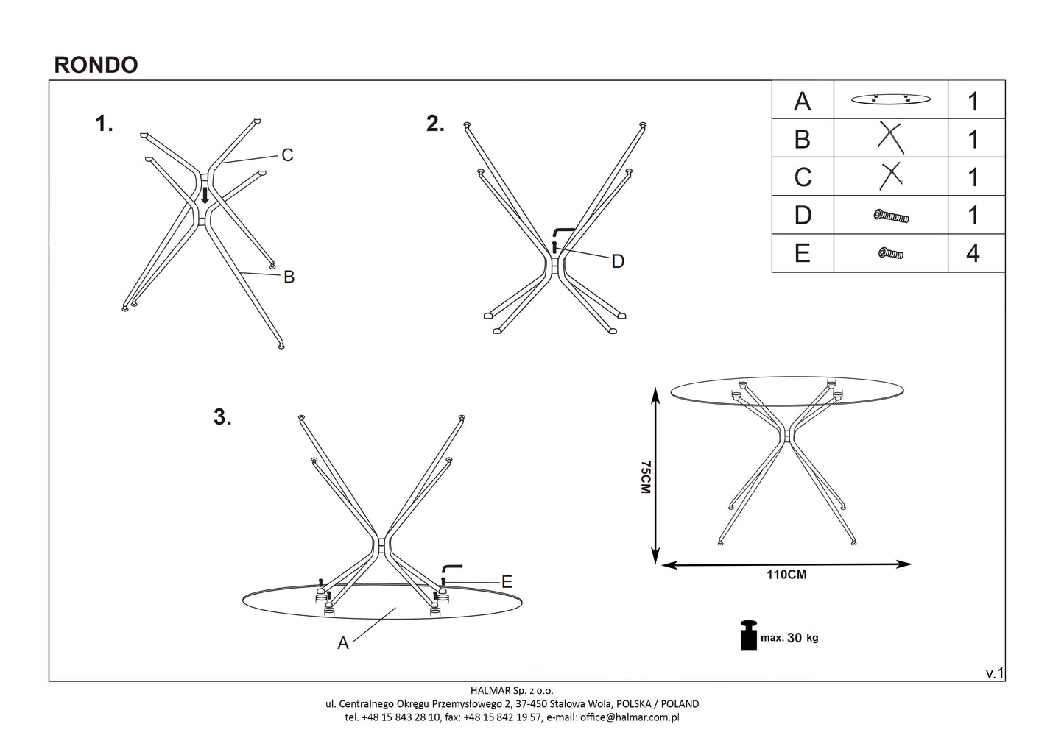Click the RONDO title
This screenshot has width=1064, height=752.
[96, 65]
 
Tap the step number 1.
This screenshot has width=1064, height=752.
[104, 124]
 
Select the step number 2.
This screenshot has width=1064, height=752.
[435, 124]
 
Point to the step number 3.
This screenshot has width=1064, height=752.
[222, 417]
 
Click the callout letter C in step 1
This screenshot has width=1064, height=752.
[287, 155]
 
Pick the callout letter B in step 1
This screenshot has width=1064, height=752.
[289, 277]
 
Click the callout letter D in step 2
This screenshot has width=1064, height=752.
[618, 261]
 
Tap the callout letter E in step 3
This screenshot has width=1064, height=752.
[506, 582]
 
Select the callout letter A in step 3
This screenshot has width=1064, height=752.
[343, 643]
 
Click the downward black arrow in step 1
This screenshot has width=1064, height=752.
[205, 195]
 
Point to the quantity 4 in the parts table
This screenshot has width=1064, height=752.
[973, 253]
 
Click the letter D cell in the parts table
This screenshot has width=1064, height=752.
[802, 215]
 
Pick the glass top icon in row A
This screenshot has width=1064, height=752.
[889, 99]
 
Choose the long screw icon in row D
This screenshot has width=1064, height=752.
[891, 216]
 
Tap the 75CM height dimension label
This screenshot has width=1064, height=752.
[645, 477]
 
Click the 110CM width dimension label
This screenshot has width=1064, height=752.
[786, 575]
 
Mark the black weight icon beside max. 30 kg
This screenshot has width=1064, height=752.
[749, 636]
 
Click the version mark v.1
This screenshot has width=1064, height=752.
[994, 673]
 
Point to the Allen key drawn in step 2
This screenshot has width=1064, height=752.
[562, 232]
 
